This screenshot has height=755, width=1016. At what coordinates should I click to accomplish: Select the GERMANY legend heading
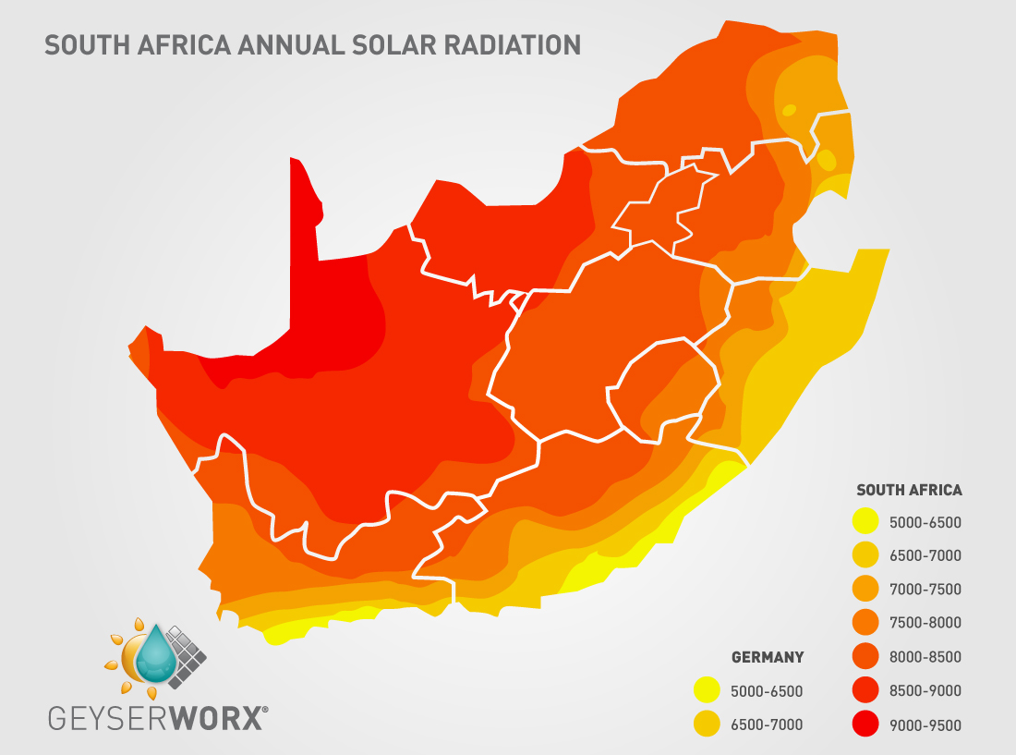coord(768,658)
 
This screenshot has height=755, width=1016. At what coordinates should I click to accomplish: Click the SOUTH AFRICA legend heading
coord(909,491)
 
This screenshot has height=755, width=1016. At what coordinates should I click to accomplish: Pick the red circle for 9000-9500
coord(865,725)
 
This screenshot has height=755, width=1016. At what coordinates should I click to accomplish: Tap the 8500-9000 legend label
coord(925,691)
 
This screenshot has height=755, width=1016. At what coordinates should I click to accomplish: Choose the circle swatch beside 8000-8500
coord(865,657)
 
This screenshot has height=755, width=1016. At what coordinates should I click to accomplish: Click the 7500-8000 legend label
coord(925,623)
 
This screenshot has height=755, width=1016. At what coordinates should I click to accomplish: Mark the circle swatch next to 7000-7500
coord(865,590)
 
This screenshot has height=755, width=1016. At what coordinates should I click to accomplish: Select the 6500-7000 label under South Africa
coord(925,555)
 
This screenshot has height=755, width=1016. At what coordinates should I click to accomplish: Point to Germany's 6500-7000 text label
coord(767,725)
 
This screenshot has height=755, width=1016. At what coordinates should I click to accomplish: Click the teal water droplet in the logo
coord(158,655)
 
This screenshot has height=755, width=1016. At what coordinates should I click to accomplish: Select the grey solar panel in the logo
coord(188,653)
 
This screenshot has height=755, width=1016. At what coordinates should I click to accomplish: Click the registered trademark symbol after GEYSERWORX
coord(267,709)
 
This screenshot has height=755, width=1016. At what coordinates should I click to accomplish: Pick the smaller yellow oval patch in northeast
coord(789,110)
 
